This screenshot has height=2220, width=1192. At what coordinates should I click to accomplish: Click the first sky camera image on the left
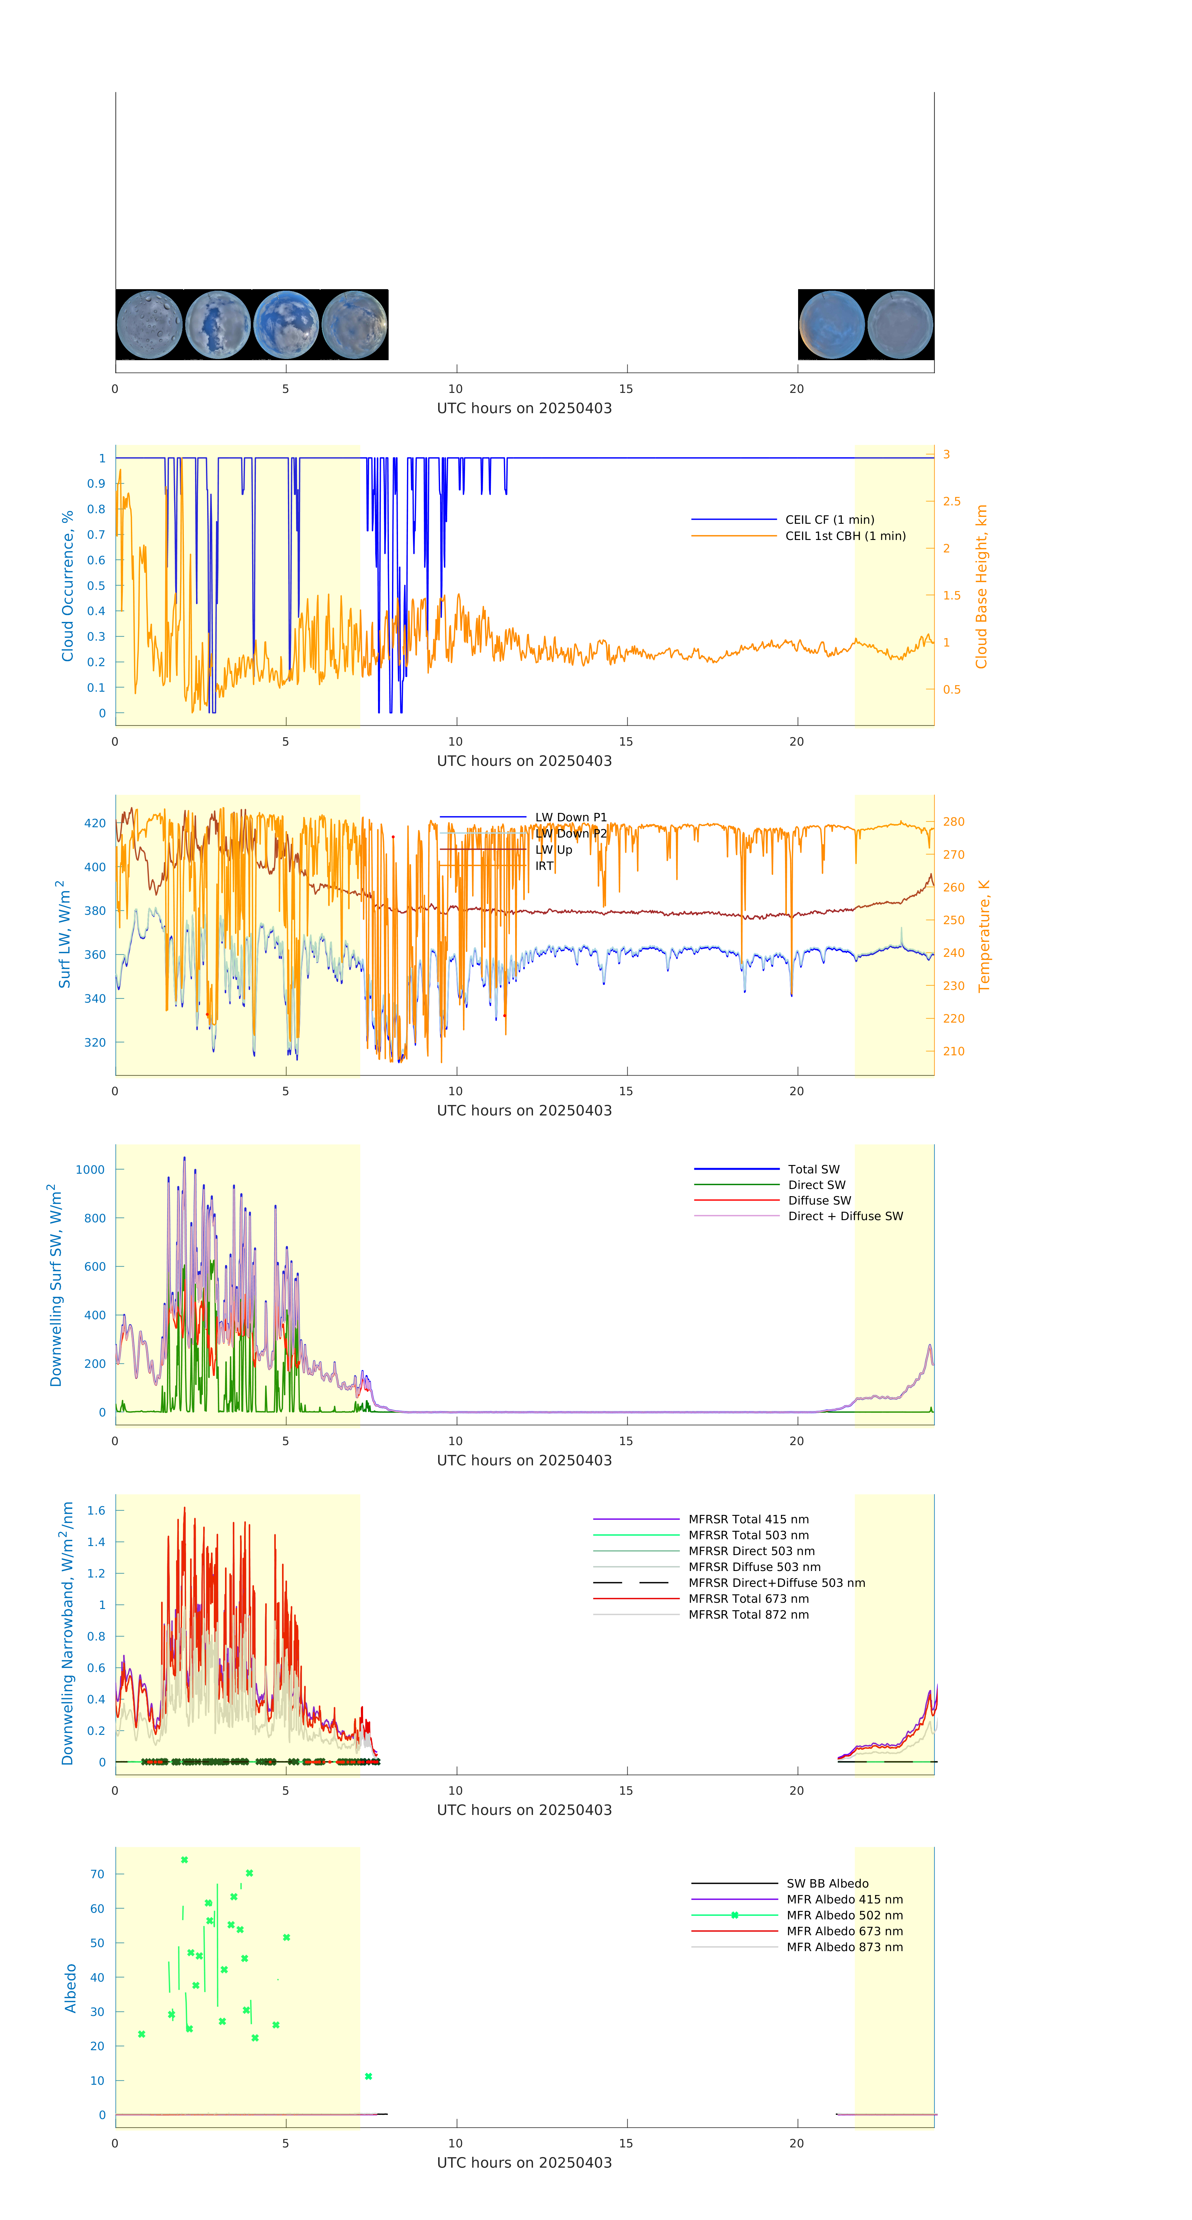(x=149, y=325)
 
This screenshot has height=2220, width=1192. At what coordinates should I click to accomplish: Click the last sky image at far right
(x=900, y=325)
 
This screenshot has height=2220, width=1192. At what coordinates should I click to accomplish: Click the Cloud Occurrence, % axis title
(x=67, y=586)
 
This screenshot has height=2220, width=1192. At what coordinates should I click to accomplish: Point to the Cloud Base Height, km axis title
(x=981, y=586)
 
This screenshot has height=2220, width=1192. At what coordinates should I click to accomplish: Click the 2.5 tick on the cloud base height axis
(x=951, y=502)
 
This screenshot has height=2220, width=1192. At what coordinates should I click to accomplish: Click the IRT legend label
(x=544, y=866)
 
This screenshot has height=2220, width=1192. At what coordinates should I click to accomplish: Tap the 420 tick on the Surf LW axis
(x=95, y=823)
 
